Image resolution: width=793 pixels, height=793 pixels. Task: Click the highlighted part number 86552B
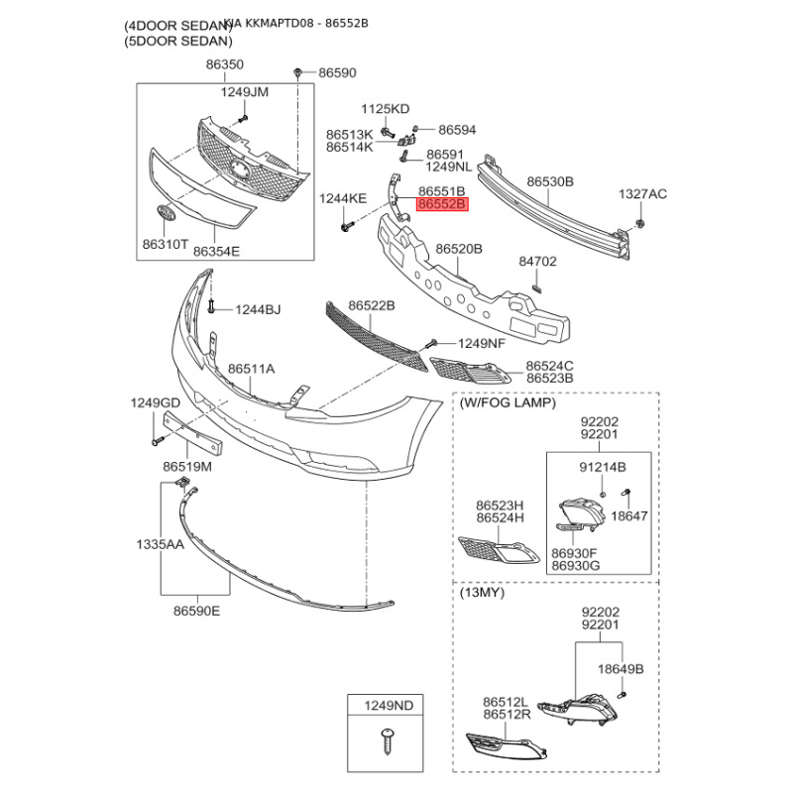[442, 205]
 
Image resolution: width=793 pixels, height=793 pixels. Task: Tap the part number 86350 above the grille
[224, 64]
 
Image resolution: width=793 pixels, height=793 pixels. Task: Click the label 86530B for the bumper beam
[550, 182]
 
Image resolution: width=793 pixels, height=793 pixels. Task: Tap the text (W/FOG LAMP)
[507, 403]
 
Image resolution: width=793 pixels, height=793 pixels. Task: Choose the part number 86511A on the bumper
[252, 369]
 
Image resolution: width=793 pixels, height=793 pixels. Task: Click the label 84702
[538, 263]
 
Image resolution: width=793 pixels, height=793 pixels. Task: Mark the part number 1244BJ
[258, 310]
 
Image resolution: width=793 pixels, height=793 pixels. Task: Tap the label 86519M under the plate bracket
[187, 466]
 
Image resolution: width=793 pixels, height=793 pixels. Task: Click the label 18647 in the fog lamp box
[628, 516]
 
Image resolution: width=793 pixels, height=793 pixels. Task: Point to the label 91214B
[603, 466]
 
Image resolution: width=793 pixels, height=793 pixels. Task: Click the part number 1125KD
[385, 108]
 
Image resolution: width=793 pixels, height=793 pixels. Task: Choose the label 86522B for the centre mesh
[372, 306]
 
